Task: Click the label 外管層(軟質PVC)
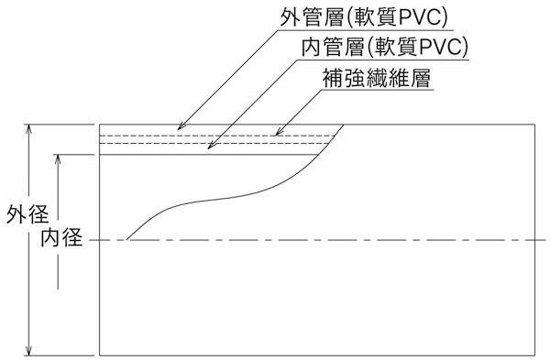pos(365,18)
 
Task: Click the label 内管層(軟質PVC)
pos(385,47)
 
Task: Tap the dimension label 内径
pos(60,240)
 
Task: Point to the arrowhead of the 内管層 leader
pos(207,147)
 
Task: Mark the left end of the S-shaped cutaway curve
pos(126,240)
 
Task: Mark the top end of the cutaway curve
pos(344,124)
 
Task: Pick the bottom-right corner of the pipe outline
pos(535,355)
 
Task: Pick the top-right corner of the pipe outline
pos(535,124)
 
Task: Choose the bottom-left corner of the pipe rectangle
pos(99,355)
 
